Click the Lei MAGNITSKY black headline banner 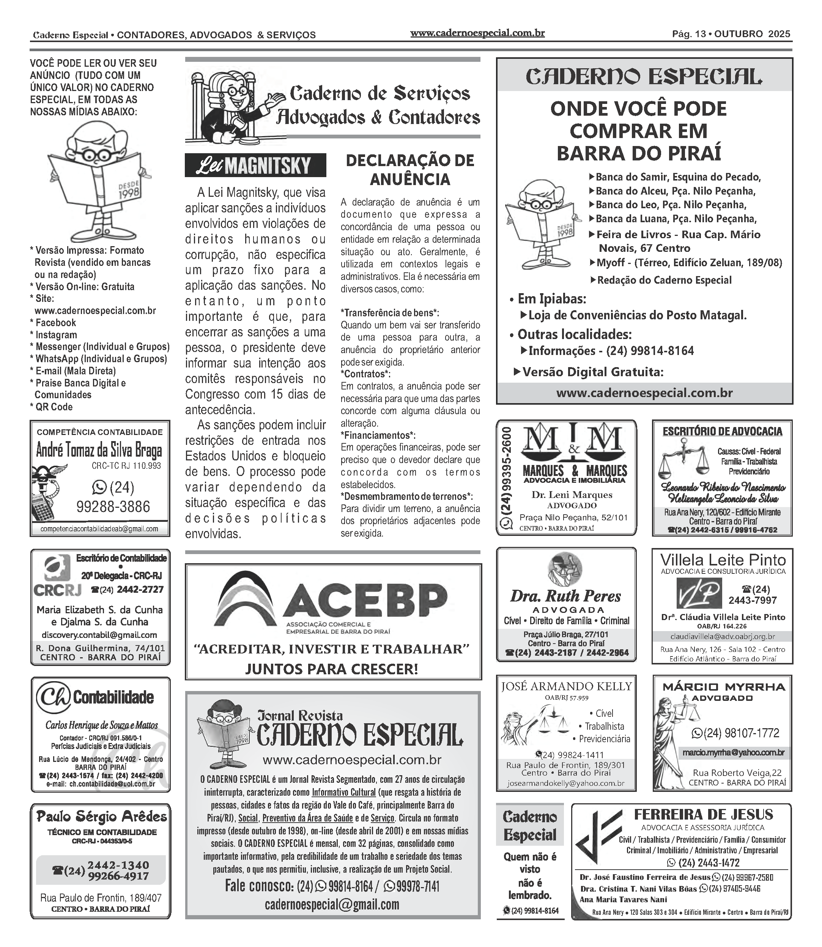(255, 165)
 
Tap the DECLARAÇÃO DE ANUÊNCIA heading (409, 170)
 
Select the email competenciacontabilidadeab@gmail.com (99, 529)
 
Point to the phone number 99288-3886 (113, 507)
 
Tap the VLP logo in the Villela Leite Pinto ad (699, 593)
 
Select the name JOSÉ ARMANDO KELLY (566, 686)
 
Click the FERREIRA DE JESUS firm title (703, 815)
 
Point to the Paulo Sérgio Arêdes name (101, 817)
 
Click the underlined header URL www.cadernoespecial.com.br (477, 33)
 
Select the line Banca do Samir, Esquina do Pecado (677, 177)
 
